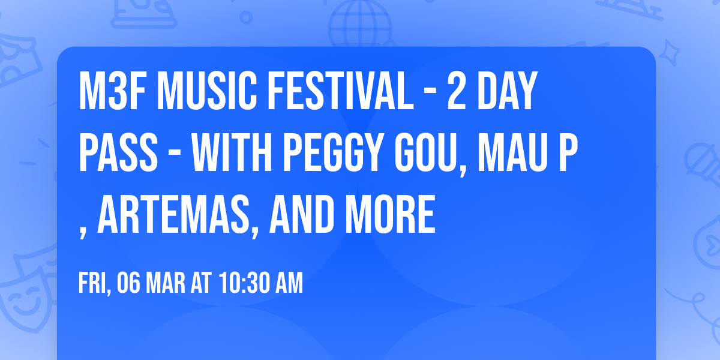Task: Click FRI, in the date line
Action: (94, 283)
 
